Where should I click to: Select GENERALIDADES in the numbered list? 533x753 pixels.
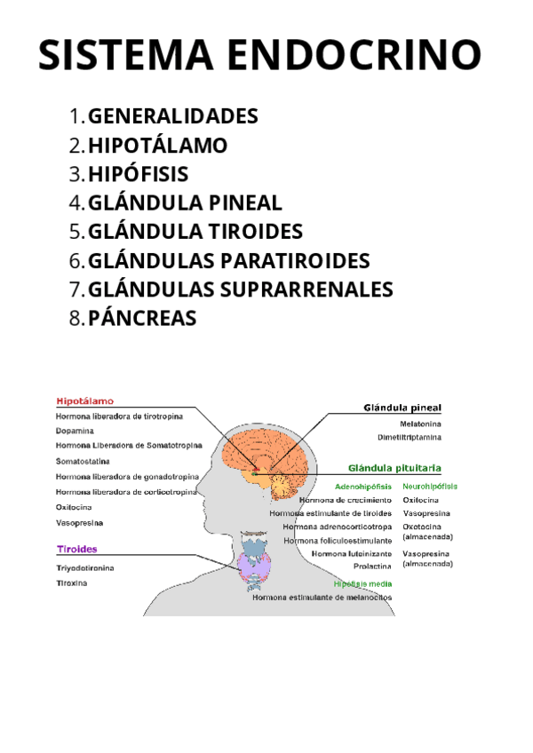(x=173, y=116)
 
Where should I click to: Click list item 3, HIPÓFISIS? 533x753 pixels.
(x=139, y=174)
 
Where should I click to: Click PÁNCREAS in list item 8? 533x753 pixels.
(x=142, y=318)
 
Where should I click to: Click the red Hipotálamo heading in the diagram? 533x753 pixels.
(x=84, y=400)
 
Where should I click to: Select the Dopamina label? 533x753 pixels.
(x=75, y=431)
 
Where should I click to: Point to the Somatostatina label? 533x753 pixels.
(x=83, y=462)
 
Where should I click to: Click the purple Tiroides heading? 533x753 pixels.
(x=77, y=549)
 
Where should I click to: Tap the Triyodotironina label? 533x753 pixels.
(x=85, y=567)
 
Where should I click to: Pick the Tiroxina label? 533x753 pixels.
(x=71, y=583)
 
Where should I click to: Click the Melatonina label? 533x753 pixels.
(x=420, y=424)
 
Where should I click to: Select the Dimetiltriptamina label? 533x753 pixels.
(x=410, y=437)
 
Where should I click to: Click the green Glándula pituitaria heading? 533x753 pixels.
(x=395, y=467)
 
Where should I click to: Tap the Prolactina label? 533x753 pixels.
(x=372, y=566)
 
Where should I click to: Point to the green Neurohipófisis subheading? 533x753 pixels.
(x=430, y=487)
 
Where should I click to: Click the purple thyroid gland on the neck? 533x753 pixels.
(x=254, y=563)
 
